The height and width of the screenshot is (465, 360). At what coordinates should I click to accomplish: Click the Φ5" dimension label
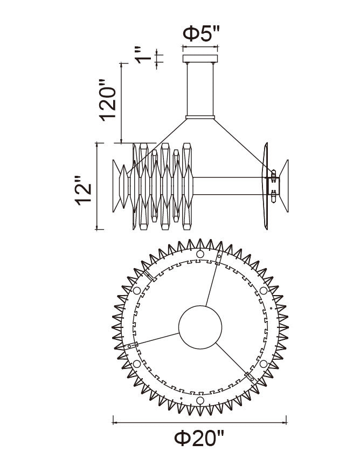point(201,33)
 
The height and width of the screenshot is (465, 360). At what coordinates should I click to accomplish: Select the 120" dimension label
point(107,100)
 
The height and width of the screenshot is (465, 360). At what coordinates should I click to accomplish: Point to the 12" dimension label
point(82,190)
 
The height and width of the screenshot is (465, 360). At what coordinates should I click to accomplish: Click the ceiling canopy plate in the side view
point(200,58)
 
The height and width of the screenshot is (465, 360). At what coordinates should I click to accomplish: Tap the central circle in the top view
point(200,327)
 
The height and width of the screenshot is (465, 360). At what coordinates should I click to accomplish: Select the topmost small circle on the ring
point(200,254)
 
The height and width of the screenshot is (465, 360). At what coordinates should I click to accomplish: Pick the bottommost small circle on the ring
point(200,401)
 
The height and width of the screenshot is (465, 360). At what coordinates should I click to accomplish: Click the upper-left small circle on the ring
point(137,291)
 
